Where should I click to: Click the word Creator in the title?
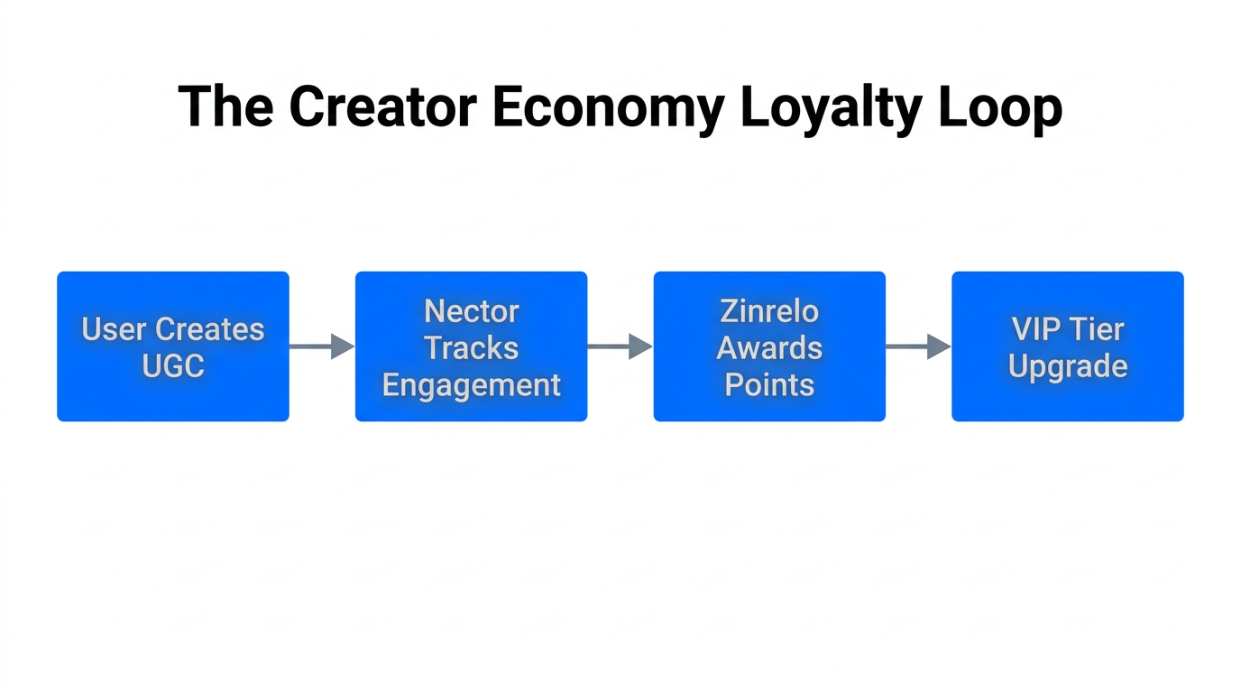tap(382, 106)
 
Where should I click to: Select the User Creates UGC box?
tap(173, 346)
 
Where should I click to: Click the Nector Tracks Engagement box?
tap(471, 346)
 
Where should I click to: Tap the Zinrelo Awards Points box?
tap(769, 346)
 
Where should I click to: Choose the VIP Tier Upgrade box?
tap(1068, 346)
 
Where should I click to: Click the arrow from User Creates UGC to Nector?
tap(322, 346)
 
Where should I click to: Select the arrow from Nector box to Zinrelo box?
tap(620, 346)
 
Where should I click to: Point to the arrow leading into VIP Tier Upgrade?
tap(918, 346)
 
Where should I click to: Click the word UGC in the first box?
tap(173, 366)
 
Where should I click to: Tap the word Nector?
tap(471, 311)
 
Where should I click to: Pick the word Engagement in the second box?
tap(471, 385)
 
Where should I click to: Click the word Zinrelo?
tap(769, 311)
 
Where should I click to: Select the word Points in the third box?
tap(769, 385)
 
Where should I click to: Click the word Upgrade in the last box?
tap(1068, 366)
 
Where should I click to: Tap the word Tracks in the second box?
tap(471, 348)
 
